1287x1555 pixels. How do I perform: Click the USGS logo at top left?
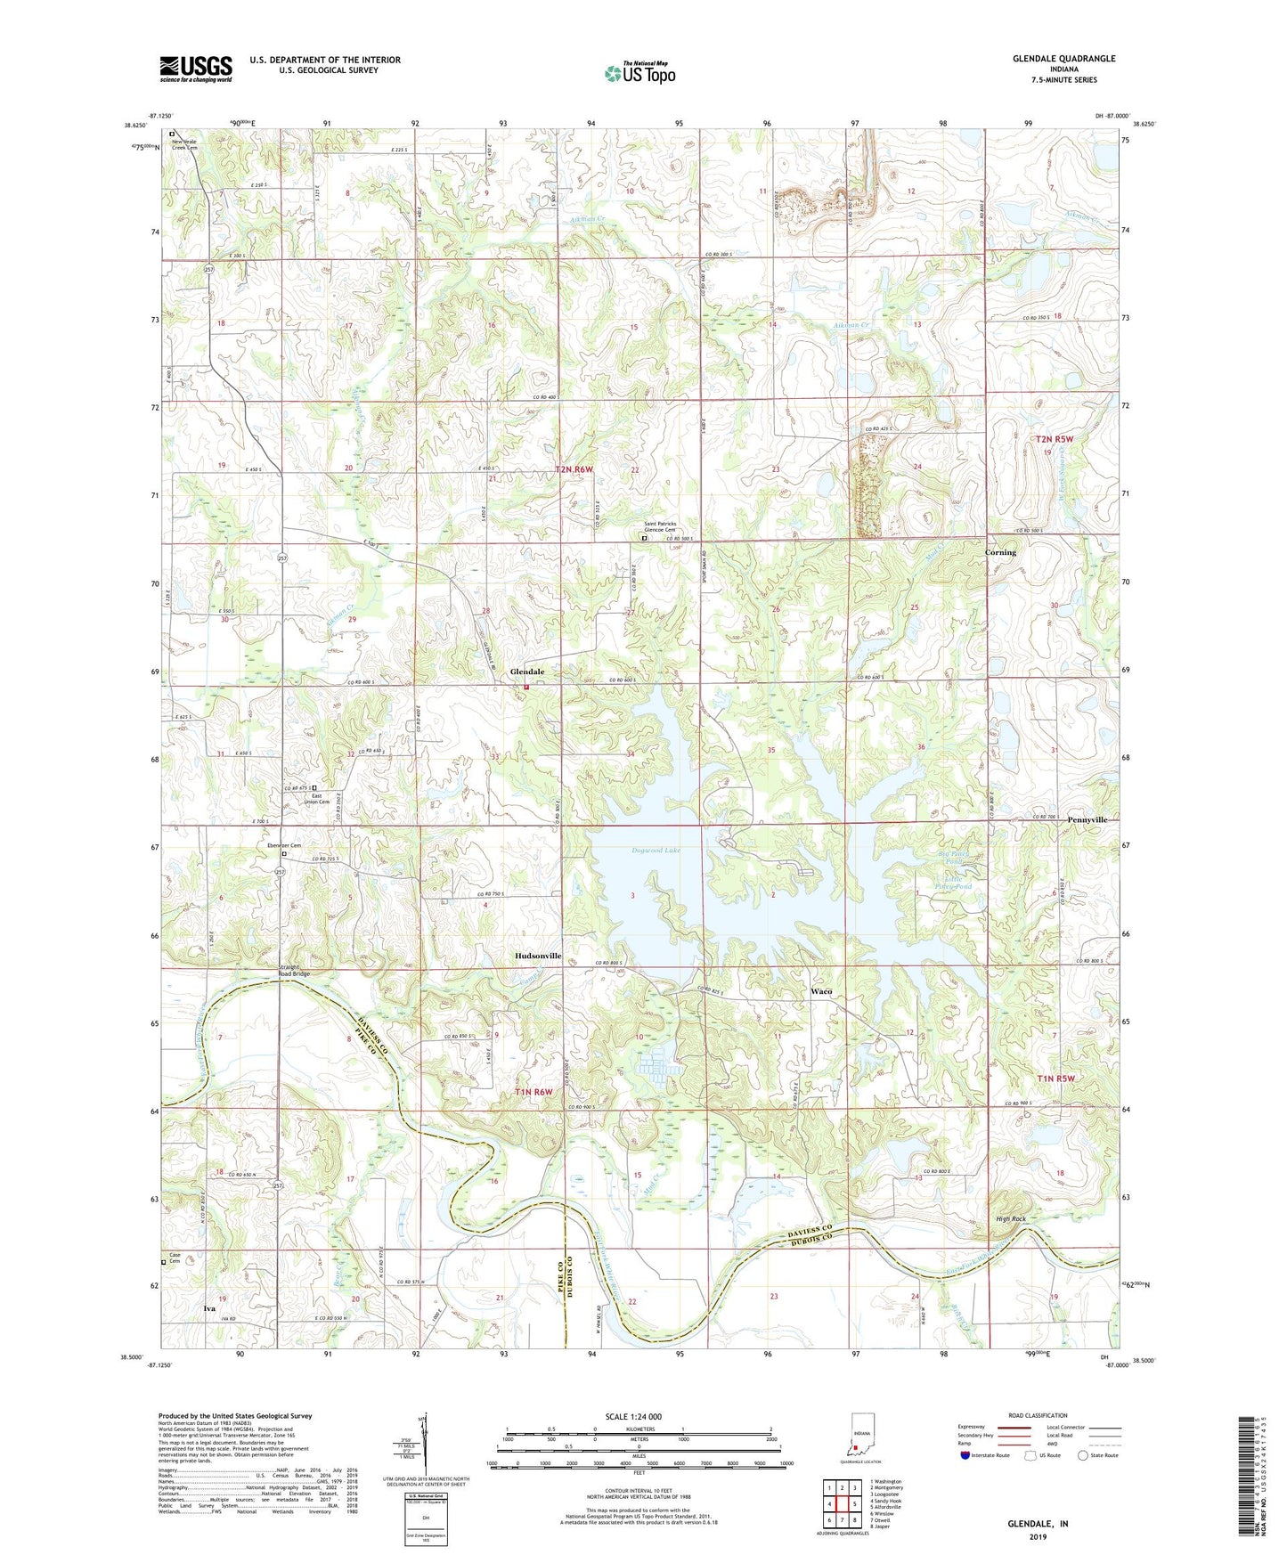[196, 68]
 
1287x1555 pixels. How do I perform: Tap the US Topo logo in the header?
[639, 73]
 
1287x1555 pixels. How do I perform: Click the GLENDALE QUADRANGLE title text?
[1063, 59]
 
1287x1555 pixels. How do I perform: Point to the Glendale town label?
[526, 672]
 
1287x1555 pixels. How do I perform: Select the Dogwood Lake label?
[655, 851]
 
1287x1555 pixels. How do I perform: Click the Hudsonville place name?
[538, 956]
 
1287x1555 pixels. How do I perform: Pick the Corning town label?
[1000, 552]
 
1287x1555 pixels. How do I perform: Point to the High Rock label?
[1011, 1218]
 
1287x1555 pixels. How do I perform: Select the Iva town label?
[209, 1308]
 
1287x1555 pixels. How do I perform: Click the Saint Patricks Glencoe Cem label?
[660, 526]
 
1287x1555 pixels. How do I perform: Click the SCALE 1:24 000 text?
[633, 1416]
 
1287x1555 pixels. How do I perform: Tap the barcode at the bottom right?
[1255, 1488]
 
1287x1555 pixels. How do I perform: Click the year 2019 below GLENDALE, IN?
[1038, 1537]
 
